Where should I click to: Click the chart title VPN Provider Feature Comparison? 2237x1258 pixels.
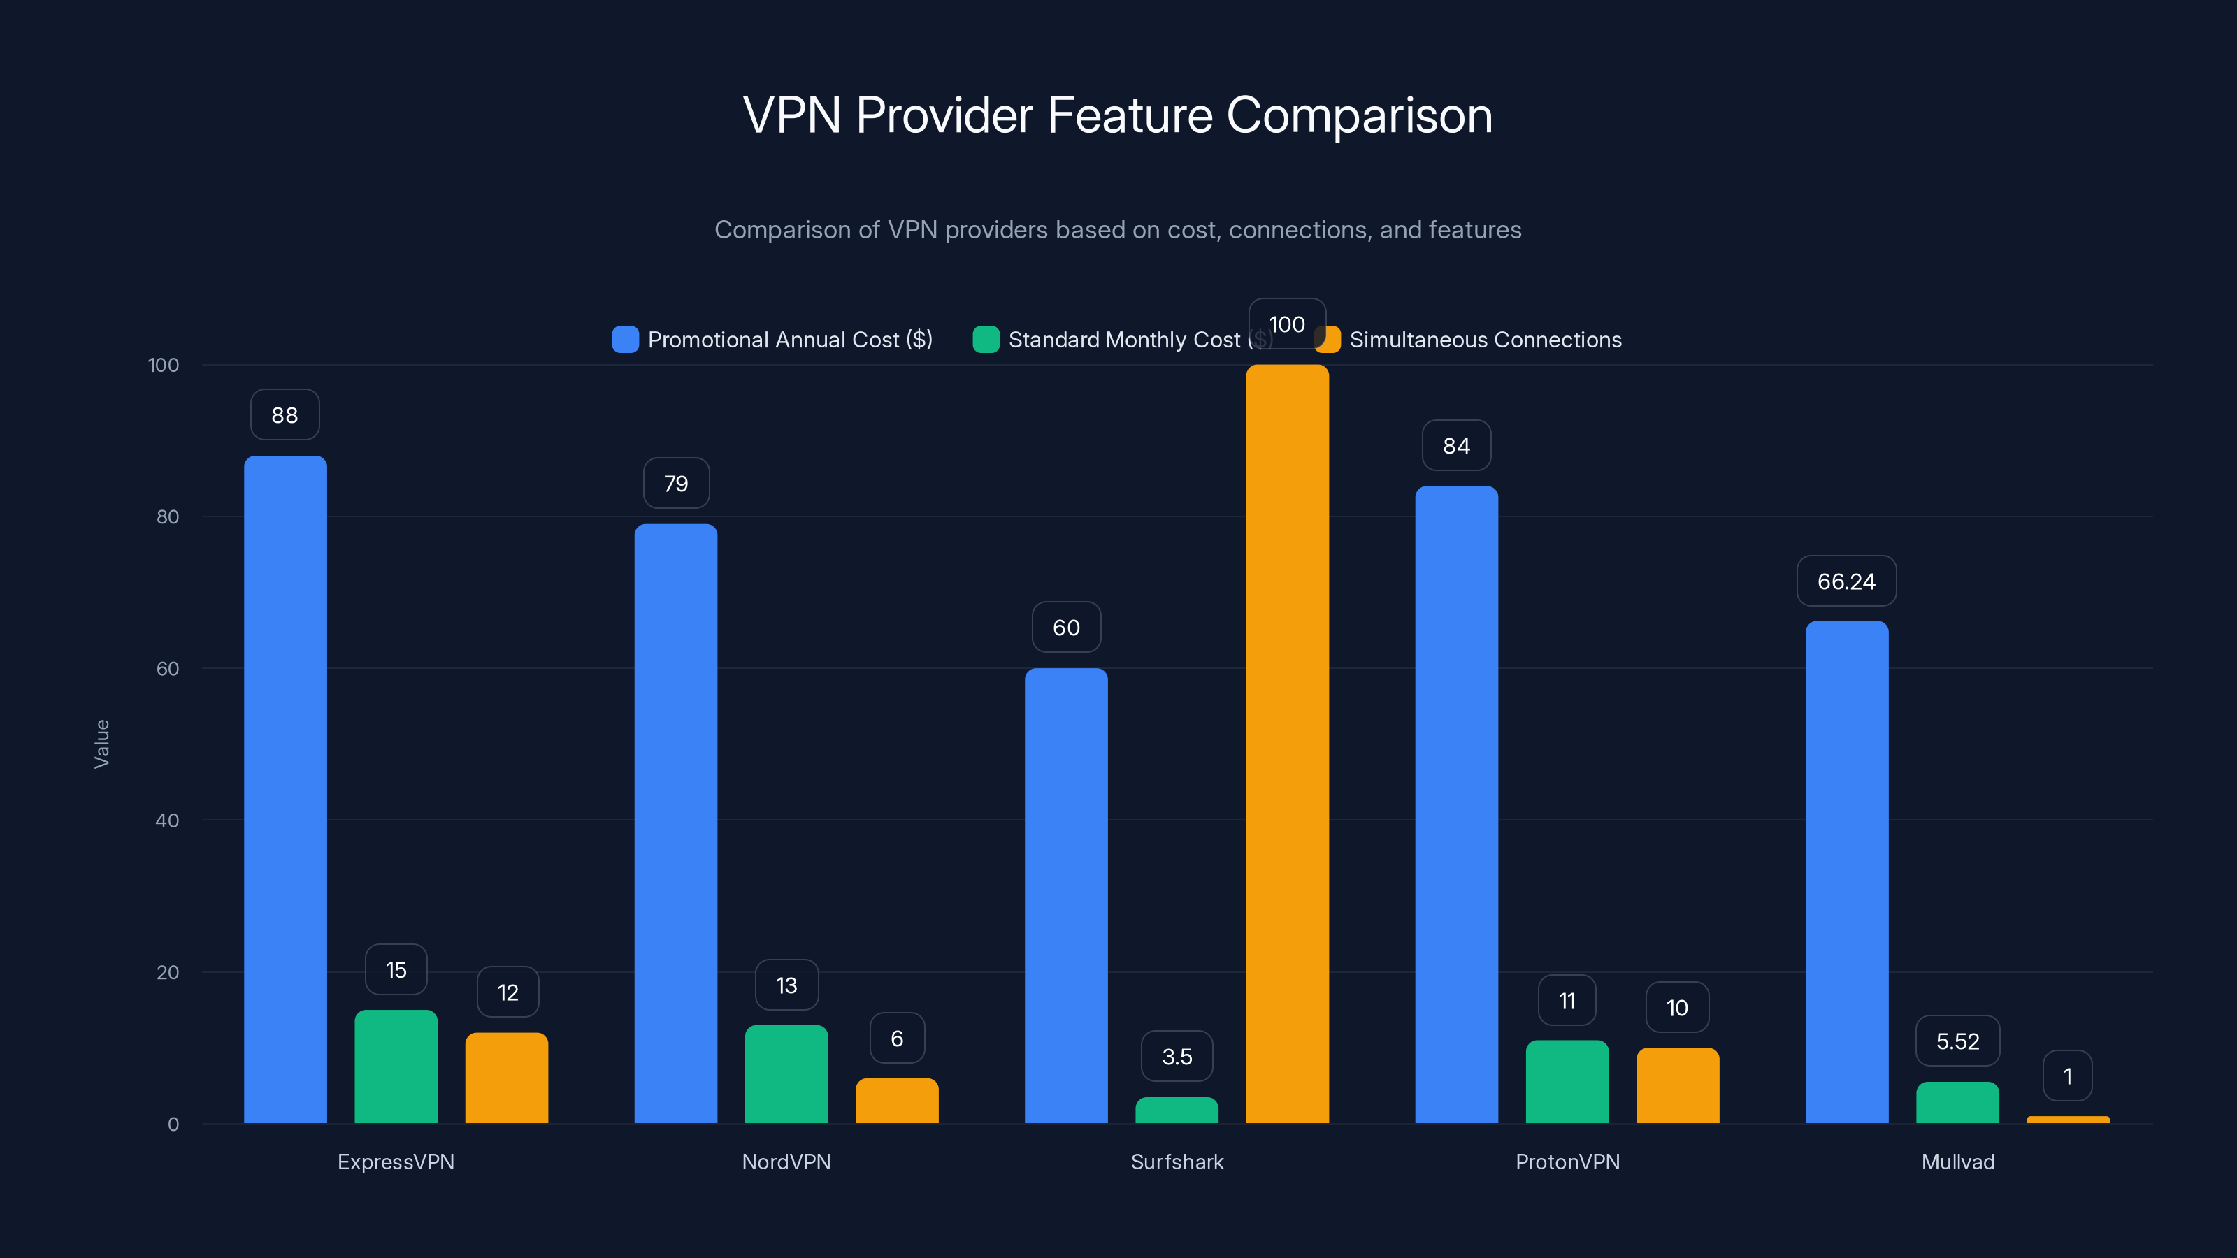click(x=1118, y=115)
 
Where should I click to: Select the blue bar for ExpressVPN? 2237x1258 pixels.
click(x=285, y=790)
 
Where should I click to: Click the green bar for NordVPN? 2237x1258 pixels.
click(x=786, y=1075)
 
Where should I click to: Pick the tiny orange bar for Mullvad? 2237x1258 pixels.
click(x=2068, y=1120)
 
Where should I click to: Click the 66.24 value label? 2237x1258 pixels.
click(x=1846, y=581)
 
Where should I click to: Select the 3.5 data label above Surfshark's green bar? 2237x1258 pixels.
click(x=1177, y=1057)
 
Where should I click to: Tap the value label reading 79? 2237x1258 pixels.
click(x=675, y=484)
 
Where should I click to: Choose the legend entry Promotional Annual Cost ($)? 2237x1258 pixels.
click(x=789, y=340)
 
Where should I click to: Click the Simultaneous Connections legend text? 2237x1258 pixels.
click(x=1485, y=340)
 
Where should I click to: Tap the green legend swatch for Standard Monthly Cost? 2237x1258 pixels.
click(x=986, y=340)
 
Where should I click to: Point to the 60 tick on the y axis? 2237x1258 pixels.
click(x=168, y=669)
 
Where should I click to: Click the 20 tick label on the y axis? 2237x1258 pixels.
click(x=168, y=972)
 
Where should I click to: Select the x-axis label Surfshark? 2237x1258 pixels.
click(x=1177, y=1162)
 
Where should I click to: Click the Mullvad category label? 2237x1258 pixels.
click(x=1957, y=1162)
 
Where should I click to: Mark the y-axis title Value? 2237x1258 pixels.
click(x=101, y=744)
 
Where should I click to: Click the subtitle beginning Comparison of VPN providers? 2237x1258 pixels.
click(x=1118, y=230)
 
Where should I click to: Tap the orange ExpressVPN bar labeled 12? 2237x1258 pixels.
click(x=506, y=1078)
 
